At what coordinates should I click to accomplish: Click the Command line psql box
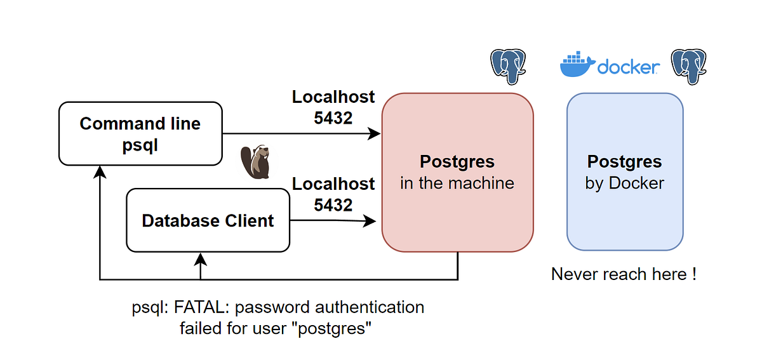point(140,134)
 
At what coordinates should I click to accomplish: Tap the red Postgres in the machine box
point(457,172)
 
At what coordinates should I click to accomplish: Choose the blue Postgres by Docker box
point(625,172)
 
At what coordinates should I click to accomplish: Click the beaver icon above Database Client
point(256,162)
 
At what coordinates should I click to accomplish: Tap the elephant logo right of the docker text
point(690,65)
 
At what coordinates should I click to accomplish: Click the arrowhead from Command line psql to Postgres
point(375,134)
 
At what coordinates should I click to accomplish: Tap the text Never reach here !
point(624,274)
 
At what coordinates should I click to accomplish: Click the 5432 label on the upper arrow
point(333,117)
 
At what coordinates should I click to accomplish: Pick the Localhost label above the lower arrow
point(333,184)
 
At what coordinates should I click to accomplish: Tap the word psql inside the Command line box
point(140,145)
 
